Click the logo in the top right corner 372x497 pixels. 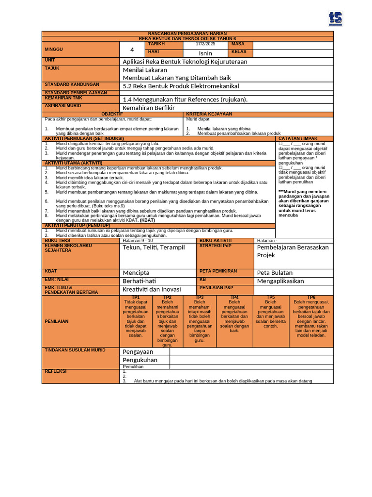click(335, 18)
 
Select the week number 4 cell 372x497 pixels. click(132, 50)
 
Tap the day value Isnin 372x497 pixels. click(205, 53)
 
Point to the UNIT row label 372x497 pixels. click(50, 60)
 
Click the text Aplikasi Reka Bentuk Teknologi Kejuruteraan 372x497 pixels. click(185, 62)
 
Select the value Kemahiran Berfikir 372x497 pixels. click(149, 108)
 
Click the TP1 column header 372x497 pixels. click(136, 297)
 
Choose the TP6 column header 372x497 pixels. click(311, 297)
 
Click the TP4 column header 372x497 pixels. click(234, 297)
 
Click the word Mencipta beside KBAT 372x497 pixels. click(136, 273)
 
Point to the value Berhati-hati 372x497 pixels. click(140, 281)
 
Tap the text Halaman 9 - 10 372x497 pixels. click(138, 240)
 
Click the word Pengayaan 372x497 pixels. click(138, 351)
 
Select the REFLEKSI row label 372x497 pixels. click(56, 371)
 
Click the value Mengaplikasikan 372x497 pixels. click(280, 281)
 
